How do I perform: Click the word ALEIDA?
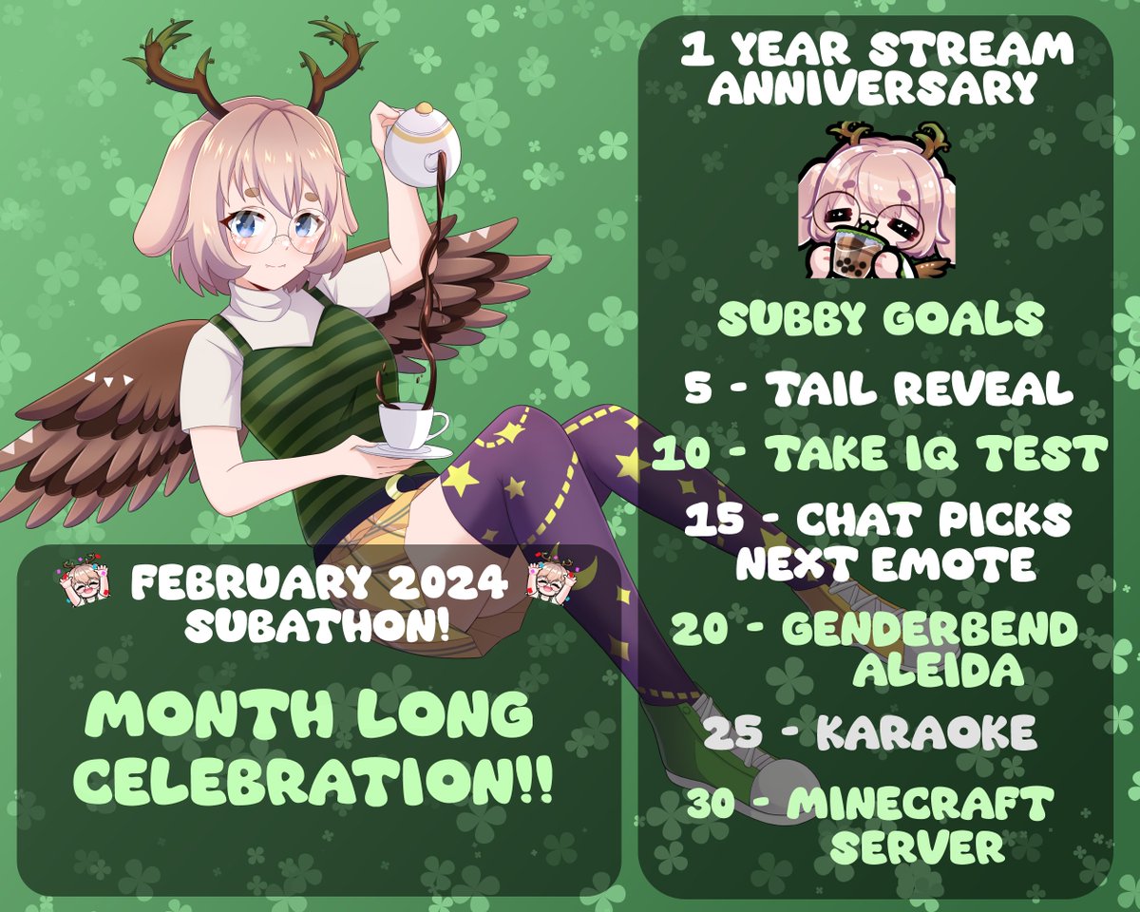[937, 670]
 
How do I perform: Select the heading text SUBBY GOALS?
[879, 320]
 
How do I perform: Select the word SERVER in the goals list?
[916, 847]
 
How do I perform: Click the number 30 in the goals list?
[715, 806]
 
